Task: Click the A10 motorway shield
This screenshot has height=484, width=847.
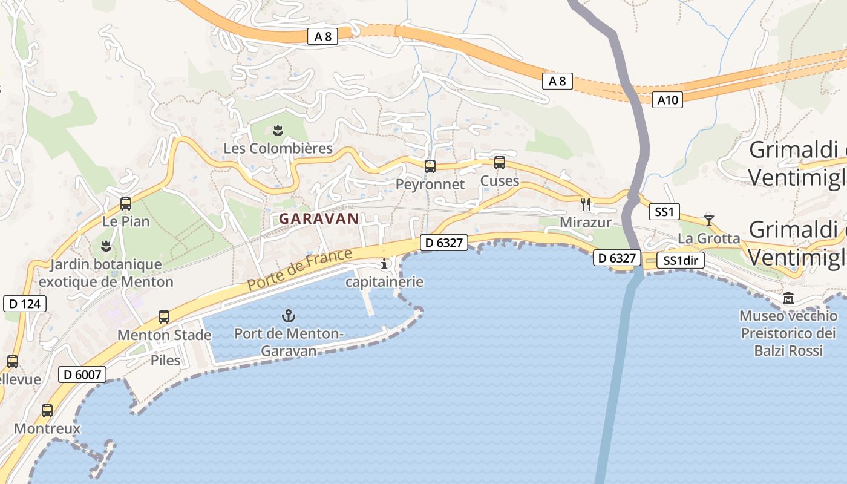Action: coord(668,100)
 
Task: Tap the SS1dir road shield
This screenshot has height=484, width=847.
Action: coord(681,261)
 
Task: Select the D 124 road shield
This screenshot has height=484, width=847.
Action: coord(25,303)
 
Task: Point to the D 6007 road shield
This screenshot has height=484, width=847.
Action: coord(82,374)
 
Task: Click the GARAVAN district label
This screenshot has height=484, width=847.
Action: coord(319,219)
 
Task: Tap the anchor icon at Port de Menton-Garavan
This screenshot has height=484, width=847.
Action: coord(289,315)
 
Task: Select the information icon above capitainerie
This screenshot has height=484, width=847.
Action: coord(384,264)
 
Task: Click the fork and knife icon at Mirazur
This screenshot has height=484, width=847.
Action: coord(585,204)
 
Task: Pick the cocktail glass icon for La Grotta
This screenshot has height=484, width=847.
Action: coord(708,220)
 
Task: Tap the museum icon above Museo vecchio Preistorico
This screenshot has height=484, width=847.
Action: coord(788,298)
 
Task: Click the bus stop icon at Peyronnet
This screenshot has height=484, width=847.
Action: coord(430,166)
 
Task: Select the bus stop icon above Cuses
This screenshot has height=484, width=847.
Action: coord(499,162)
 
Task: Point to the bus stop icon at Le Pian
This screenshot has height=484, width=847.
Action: coord(126,204)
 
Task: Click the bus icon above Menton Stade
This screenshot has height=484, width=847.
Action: coord(163,316)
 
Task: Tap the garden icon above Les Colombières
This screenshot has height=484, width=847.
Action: coord(278,130)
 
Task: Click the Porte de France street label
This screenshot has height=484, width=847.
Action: coord(299,270)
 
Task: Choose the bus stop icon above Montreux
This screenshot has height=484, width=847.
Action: coord(47,410)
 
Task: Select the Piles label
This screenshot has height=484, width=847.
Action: coord(165,361)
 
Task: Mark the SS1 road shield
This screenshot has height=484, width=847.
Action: coord(664,212)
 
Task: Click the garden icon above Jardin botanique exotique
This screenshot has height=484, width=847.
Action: coord(106,246)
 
